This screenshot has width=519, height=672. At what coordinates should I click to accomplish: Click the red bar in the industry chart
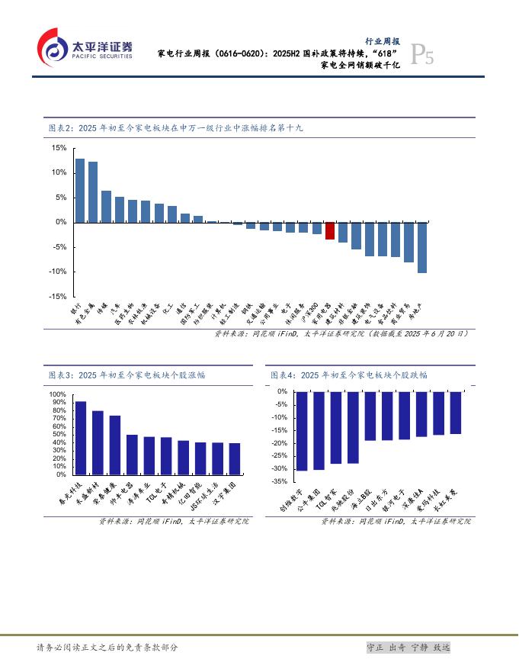tap(330, 231)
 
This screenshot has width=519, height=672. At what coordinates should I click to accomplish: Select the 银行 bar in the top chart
tap(79, 190)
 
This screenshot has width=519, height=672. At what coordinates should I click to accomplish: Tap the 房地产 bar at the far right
tap(422, 247)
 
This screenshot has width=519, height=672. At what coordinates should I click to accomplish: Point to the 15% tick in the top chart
tap(59, 148)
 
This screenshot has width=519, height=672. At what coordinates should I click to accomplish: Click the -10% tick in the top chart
tap(58, 272)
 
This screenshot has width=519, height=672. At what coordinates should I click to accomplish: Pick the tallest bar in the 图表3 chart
tap(80, 438)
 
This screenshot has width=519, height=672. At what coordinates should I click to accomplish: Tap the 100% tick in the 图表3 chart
tap(58, 394)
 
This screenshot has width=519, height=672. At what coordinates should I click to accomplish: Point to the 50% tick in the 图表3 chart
tap(59, 434)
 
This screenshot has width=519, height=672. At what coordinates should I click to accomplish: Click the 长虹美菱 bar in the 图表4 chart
tap(456, 413)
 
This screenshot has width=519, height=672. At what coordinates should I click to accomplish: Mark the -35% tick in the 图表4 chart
tap(281, 481)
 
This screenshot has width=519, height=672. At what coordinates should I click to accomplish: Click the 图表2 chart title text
tap(175, 128)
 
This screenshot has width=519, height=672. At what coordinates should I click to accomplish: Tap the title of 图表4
tap(349, 375)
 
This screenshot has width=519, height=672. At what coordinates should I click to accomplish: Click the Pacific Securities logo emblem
tap(51, 47)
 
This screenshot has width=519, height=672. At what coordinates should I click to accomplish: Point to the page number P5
tap(422, 55)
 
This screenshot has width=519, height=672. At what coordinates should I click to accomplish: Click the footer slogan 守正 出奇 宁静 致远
tap(408, 647)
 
